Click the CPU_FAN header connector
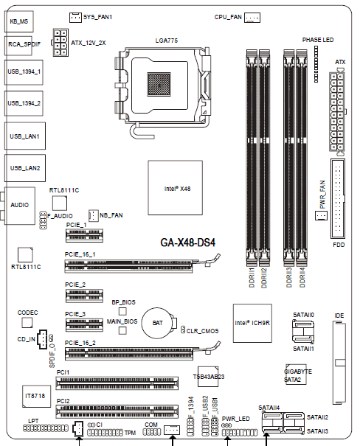[252, 18]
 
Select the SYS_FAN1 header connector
[76, 18]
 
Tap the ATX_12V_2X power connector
[60, 42]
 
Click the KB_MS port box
[18, 21]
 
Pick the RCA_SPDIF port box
[18, 45]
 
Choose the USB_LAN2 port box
[25, 168]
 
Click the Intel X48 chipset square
[176, 188]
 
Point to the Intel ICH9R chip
[252, 323]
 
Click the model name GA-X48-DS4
[188, 243]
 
